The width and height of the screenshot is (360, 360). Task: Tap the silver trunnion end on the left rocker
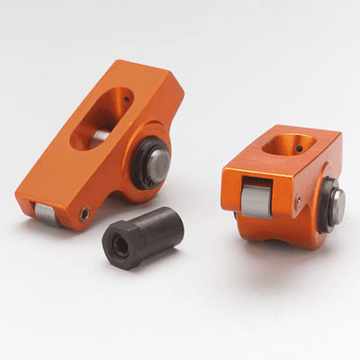click(x=158, y=167)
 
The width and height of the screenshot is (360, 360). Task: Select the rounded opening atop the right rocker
click(x=288, y=144)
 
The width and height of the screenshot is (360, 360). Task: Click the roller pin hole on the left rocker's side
click(x=82, y=214)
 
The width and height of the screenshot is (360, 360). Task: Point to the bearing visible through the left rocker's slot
click(x=101, y=136)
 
